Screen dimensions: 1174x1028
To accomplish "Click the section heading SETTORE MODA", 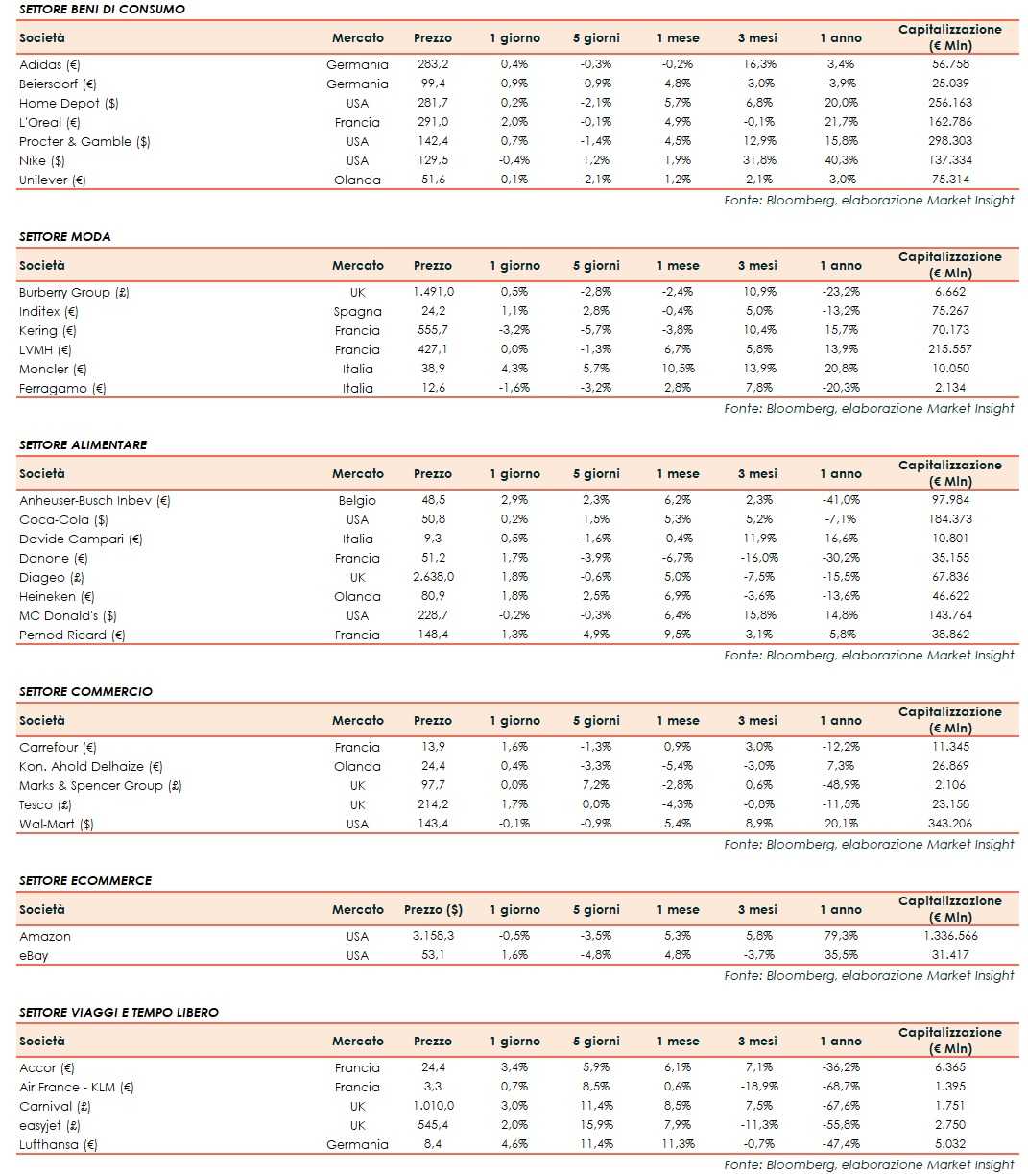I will click(x=65, y=236).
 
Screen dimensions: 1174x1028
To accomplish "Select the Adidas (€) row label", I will click(x=50, y=64).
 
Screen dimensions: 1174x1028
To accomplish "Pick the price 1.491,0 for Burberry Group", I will click(x=433, y=292).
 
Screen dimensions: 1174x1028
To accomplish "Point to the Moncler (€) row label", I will click(x=53, y=369).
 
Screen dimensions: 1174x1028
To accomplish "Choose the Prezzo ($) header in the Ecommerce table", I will click(x=433, y=909).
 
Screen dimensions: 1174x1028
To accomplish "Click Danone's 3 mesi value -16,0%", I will click(x=757, y=558).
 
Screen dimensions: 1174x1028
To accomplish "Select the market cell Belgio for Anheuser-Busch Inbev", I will click(x=357, y=500).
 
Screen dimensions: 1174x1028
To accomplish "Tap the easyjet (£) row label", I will click(x=50, y=1125).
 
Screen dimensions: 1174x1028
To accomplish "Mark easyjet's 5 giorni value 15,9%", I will click(x=596, y=1125).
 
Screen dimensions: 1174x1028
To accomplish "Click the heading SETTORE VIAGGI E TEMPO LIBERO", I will click(x=119, y=1012).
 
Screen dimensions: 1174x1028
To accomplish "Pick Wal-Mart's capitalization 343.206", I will click(x=949, y=824).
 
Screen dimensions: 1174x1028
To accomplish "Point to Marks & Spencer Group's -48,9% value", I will click(x=841, y=785).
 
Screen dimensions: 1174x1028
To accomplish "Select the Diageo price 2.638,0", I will click(x=433, y=577).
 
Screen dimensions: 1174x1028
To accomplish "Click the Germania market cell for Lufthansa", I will click(x=357, y=1144).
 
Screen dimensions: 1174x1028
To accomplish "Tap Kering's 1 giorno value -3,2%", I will click(x=514, y=330).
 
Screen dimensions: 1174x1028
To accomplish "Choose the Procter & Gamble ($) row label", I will click(x=84, y=141).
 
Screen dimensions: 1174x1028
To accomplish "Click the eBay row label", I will click(x=34, y=955).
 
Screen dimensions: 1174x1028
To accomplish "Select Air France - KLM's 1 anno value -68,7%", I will click(x=841, y=1087).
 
